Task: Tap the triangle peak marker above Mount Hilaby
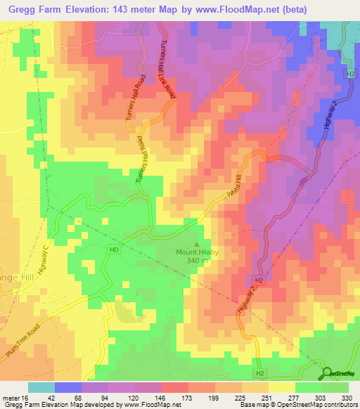click(196, 243)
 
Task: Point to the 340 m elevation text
click(197, 261)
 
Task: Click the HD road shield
click(113, 249)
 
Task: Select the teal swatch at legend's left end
click(41, 387)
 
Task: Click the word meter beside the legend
click(13, 398)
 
